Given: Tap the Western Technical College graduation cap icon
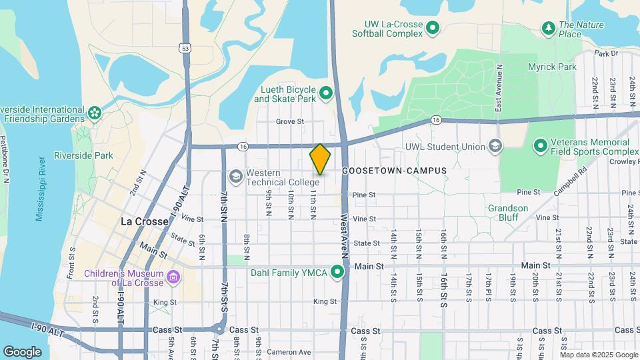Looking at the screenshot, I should point(235,177).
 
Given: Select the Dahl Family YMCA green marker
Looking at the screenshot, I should point(337,271).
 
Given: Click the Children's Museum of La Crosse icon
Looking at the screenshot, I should point(173,276).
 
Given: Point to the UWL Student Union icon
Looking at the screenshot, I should point(495,146).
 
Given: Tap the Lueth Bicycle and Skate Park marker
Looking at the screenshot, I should point(326,93).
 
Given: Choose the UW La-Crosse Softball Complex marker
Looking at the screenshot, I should point(433,28).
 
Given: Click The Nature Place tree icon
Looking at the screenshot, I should point(549,28).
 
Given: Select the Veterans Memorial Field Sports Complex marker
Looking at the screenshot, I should point(540,145).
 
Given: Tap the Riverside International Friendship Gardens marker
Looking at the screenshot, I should point(94,112).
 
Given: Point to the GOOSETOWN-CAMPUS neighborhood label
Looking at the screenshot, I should point(394,171).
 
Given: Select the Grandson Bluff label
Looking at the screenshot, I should point(508,213).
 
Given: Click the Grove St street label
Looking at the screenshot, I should point(290,122).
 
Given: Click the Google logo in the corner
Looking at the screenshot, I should point(23,351).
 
